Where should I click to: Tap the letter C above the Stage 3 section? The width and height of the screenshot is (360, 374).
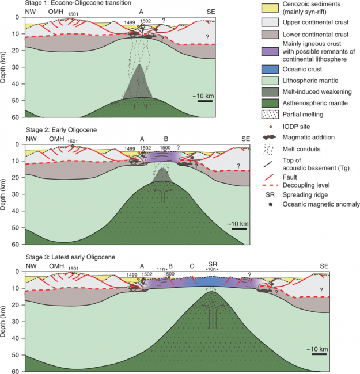coord(192,266)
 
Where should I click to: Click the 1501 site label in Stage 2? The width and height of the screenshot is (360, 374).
coord(73,141)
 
